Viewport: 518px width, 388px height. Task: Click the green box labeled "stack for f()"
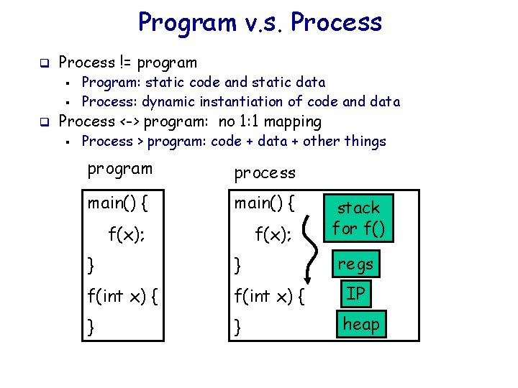(359, 218)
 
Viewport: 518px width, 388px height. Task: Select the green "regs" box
(356, 264)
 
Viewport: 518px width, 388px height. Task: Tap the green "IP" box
(355, 294)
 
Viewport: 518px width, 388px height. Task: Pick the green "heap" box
(360, 324)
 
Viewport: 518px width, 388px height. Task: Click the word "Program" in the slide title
(186, 23)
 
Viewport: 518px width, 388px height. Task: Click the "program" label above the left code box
(119, 169)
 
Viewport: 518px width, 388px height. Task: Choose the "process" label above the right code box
(265, 173)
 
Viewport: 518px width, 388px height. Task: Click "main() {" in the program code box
(118, 203)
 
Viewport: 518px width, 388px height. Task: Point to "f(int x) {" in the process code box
(271, 294)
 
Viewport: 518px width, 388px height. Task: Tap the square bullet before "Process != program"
(43, 63)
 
